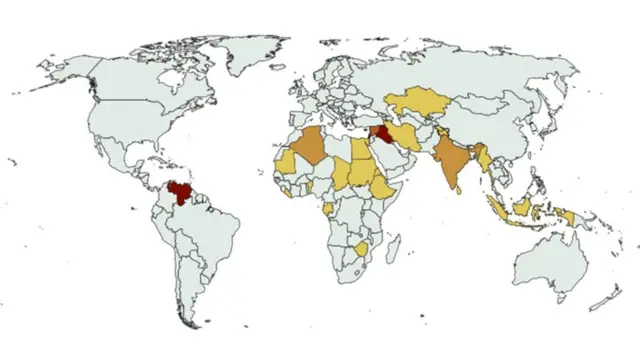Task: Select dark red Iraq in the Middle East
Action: pos(385,135)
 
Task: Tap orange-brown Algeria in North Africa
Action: pos(310,149)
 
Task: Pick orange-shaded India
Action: pos(452,160)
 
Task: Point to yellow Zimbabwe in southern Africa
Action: pos(361,246)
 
